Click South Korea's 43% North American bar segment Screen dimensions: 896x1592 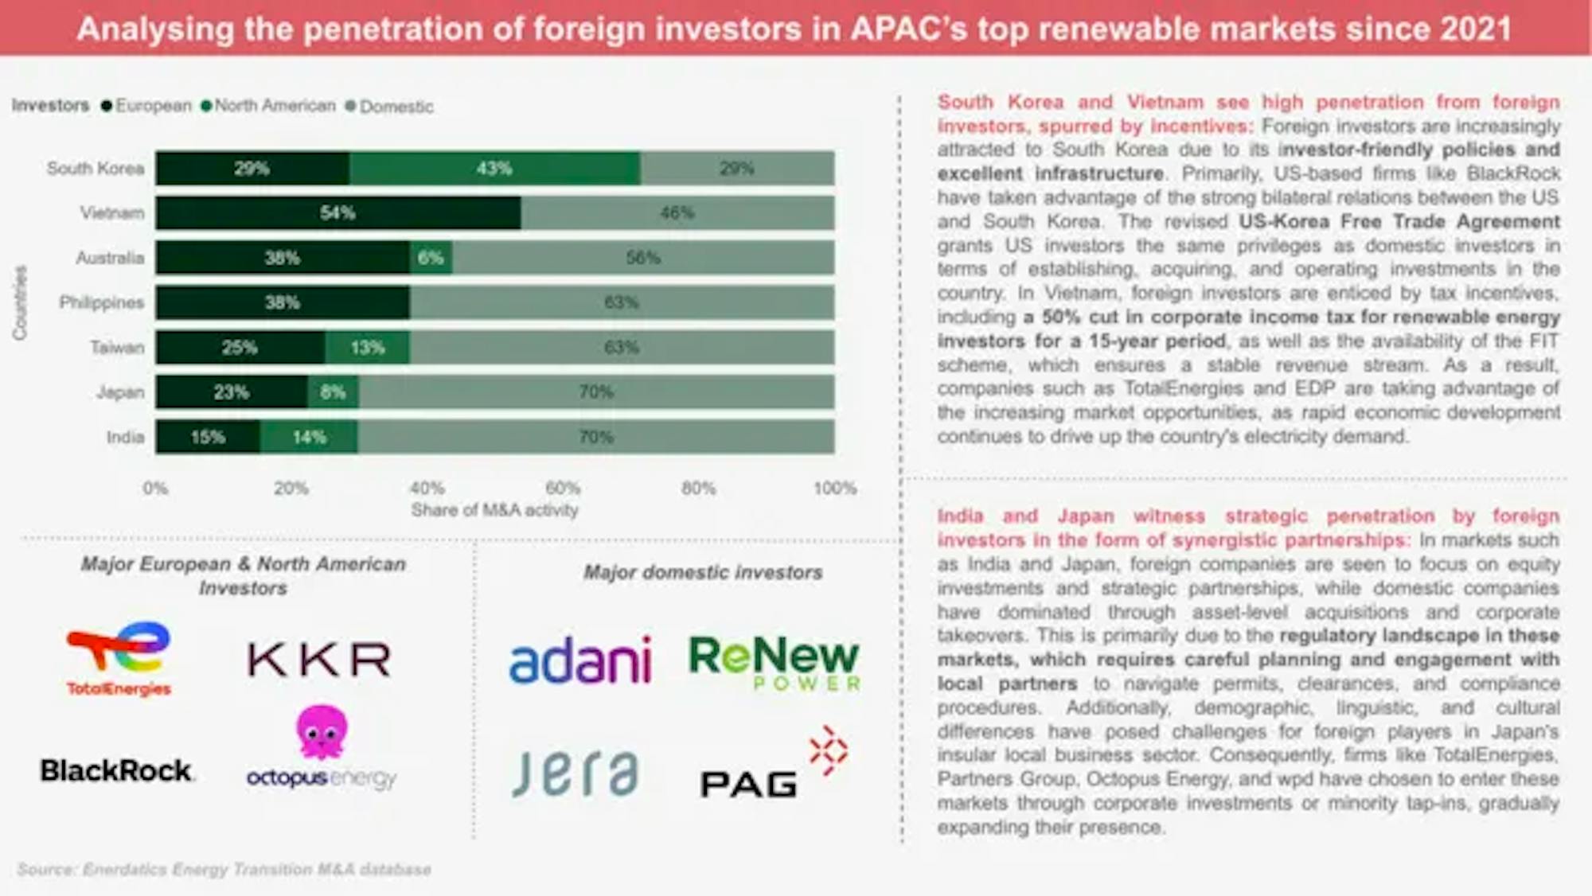tap(494, 169)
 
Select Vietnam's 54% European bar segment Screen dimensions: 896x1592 tap(338, 213)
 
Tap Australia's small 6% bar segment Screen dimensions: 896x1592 tap(431, 258)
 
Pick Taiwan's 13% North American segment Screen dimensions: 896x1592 tap(367, 348)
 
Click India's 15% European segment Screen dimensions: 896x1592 tap(208, 437)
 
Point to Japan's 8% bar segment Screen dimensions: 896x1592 tap(333, 392)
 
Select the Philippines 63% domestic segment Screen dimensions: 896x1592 tap(622, 302)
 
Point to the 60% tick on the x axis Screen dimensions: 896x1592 tap(563, 488)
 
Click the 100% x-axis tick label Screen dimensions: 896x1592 tap(834, 488)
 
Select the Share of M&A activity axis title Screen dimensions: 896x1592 tap(494, 510)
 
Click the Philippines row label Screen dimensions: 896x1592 tap(101, 302)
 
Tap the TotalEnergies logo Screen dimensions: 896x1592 tap(119, 659)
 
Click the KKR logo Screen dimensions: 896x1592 tap(319, 660)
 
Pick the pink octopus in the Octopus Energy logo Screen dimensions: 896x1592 tap(322, 730)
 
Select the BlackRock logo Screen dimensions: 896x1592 tap(116, 770)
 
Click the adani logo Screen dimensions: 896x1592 tap(580, 660)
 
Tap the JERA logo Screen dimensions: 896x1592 tap(575, 773)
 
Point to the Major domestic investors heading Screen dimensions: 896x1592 tap(703, 572)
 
